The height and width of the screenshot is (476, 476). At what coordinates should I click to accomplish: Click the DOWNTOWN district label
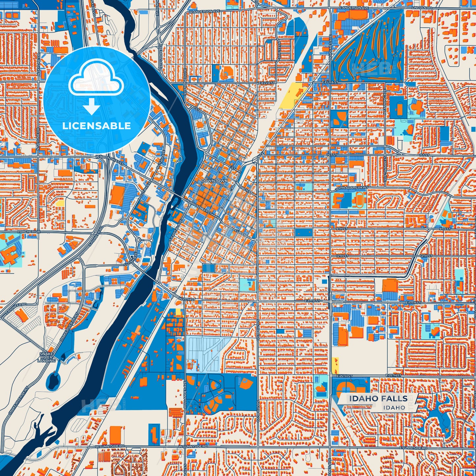pyautogui.click(x=214, y=181)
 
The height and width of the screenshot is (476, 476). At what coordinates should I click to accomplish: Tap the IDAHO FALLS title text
pyautogui.click(x=378, y=399)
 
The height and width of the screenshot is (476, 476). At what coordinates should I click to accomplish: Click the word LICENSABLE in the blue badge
pyautogui.click(x=97, y=126)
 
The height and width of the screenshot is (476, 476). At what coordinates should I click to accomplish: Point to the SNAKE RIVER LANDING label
pyautogui.click(x=46, y=357)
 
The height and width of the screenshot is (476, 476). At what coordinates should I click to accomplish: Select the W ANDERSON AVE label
pyautogui.click(x=204, y=11)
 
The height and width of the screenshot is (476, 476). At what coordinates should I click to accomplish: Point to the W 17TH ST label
pyautogui.click(x=187, y=299)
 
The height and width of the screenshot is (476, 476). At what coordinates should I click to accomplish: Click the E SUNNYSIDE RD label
pyautogui.click(x=413, y=448)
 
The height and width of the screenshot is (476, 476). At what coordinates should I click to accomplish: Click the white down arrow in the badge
pyautogui.click(x=91, y=107)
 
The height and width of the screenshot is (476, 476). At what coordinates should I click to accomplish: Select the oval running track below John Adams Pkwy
pyautogui.click(x=359, y=200)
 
